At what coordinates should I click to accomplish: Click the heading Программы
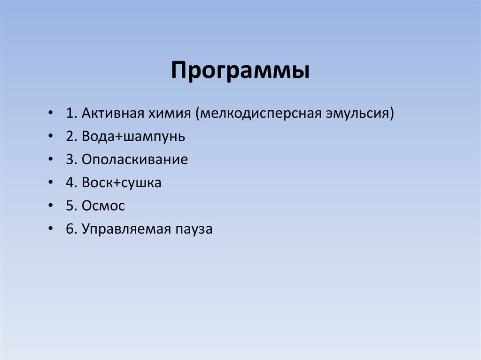tap(240, 71)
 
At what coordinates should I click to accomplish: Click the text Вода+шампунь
tap(133, 137)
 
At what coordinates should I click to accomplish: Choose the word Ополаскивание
tap(135, 160)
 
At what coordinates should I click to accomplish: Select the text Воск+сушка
tap(122, 183)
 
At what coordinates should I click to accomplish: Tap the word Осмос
tap(103, 206)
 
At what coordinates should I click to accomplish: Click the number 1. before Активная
tap(71, 114)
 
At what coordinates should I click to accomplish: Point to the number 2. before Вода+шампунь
tap(71, 137)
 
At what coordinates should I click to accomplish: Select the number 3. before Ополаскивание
tap(71, 160)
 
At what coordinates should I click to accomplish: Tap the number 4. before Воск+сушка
tap(71, 183)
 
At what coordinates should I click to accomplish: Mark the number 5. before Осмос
tap(71, 206)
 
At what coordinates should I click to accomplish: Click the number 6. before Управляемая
tap(71, 229)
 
